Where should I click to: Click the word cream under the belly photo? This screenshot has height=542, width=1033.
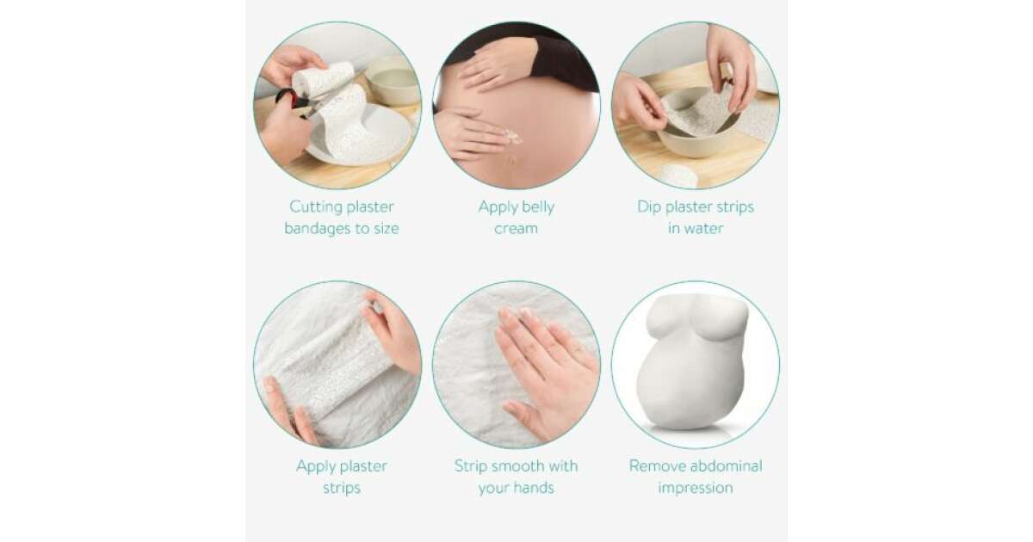[x=516, y=229]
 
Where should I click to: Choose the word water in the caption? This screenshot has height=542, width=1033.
[x=705, y=229]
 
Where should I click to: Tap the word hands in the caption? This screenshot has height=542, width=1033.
[x=534, y=488]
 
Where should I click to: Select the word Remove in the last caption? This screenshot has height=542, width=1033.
[x=653, y=466]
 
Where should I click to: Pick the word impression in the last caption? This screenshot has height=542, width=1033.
[x=696, y=488]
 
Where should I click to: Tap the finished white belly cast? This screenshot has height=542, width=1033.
[x=694, y=362]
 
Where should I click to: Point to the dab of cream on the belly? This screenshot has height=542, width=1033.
[x=513, y=138]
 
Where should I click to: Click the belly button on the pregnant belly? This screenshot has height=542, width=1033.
[x=512, y=161]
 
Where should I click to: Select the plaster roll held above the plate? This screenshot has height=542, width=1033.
[x=324, y=78]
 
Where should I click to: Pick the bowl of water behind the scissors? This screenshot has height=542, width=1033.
[x=393, y=82]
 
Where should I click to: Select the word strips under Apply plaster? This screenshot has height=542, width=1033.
[x=342, y=488]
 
